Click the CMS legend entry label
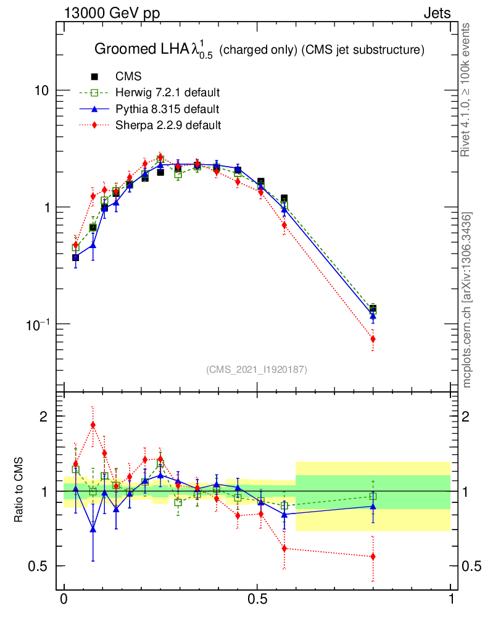point(128,77)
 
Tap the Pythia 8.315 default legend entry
point(167,109)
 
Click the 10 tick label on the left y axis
point(42,91)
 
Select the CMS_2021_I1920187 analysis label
point(257,369)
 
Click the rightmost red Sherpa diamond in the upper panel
point(373,339)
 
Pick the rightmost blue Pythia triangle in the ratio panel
point(373,506)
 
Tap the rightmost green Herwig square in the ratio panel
point(373,496)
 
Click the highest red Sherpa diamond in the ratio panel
point(93,425)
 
